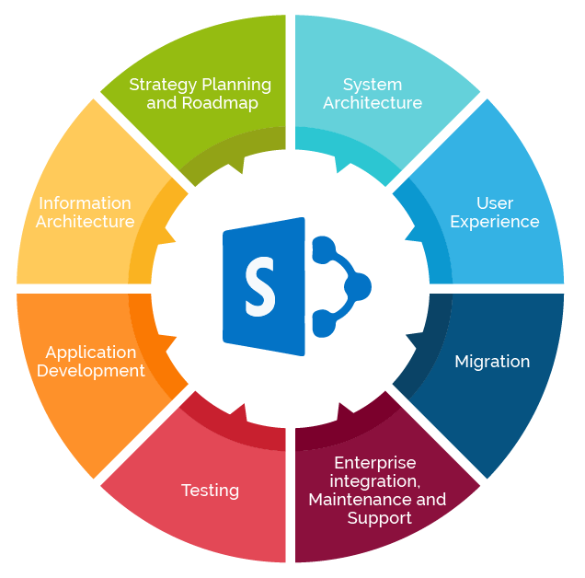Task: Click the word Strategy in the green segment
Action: click(x=162, y=86)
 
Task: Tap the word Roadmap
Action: click(x=220, y=103)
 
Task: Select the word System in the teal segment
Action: click(x=373, y=86)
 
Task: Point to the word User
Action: click(x=495, y=203)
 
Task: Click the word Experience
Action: click(x=495, y=223)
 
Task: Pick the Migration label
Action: click(x=492, y=363)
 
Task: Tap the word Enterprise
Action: click(x=375, y=463)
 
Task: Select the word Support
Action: click(x=380, y=519)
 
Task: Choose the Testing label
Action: click(x=210, y=491)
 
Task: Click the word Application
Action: click(x=91, y=353)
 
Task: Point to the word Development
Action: click(x=91, y=372)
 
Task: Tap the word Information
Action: click(x=85, y=203)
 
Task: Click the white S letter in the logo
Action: click(x=259, y=286)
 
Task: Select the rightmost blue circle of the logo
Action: click(x=358, y=287)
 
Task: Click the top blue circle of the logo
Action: click(x=323, y=249)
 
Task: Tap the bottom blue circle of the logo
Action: click(x=323, y=324)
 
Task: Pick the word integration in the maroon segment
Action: click(x=375, y=481)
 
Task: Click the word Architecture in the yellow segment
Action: click(x=85, y=222)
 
